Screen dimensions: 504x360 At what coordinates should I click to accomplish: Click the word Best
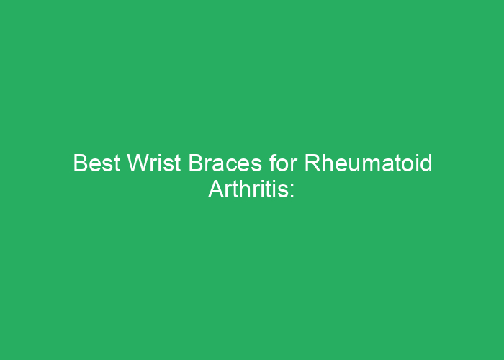pos(96,163)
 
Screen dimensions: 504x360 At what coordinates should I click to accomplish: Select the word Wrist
pos(154,163)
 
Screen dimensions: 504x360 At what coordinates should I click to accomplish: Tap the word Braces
pos(225,163)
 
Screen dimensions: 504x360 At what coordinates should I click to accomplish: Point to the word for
pos(283,163)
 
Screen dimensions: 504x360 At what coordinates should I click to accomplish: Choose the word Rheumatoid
pos(368,163)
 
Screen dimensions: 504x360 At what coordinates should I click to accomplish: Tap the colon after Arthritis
pos(292,192)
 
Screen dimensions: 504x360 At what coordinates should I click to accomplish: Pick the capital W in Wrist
pos(139,163)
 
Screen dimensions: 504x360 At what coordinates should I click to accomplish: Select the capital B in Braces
pos(196,163)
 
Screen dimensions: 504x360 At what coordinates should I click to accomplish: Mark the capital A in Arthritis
pos(217,189)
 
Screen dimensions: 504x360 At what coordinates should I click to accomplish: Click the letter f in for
pos(273,163)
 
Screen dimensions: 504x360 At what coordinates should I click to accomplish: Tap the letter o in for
pos(284,165)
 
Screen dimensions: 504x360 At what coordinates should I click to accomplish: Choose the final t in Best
pos(117,163)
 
